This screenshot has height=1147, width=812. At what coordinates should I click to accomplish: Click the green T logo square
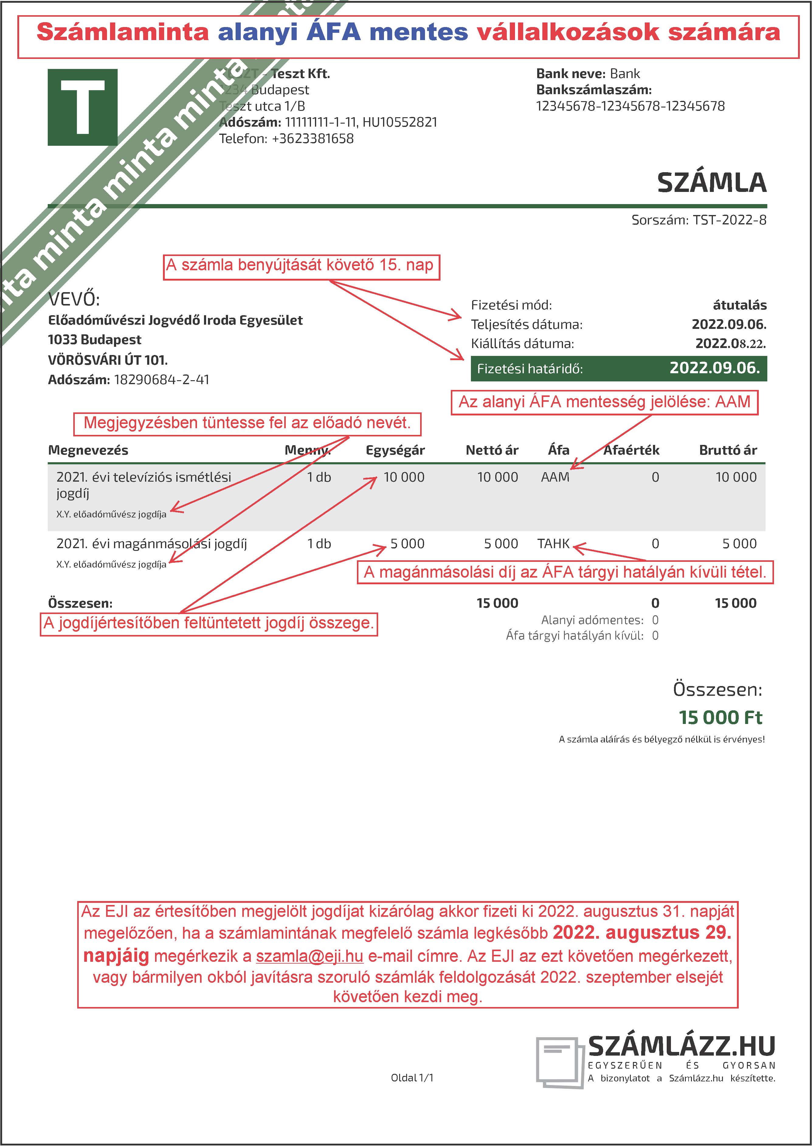82,108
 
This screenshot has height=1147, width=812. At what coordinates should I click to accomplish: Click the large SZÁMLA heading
711,183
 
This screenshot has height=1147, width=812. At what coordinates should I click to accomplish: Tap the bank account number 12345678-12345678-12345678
630,106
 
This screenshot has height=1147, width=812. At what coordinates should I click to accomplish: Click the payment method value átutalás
740,305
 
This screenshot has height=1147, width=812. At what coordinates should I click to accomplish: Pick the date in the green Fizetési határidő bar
714,368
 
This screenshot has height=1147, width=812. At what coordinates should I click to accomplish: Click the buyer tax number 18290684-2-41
161,380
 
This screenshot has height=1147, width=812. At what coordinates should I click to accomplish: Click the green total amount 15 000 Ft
720,718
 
